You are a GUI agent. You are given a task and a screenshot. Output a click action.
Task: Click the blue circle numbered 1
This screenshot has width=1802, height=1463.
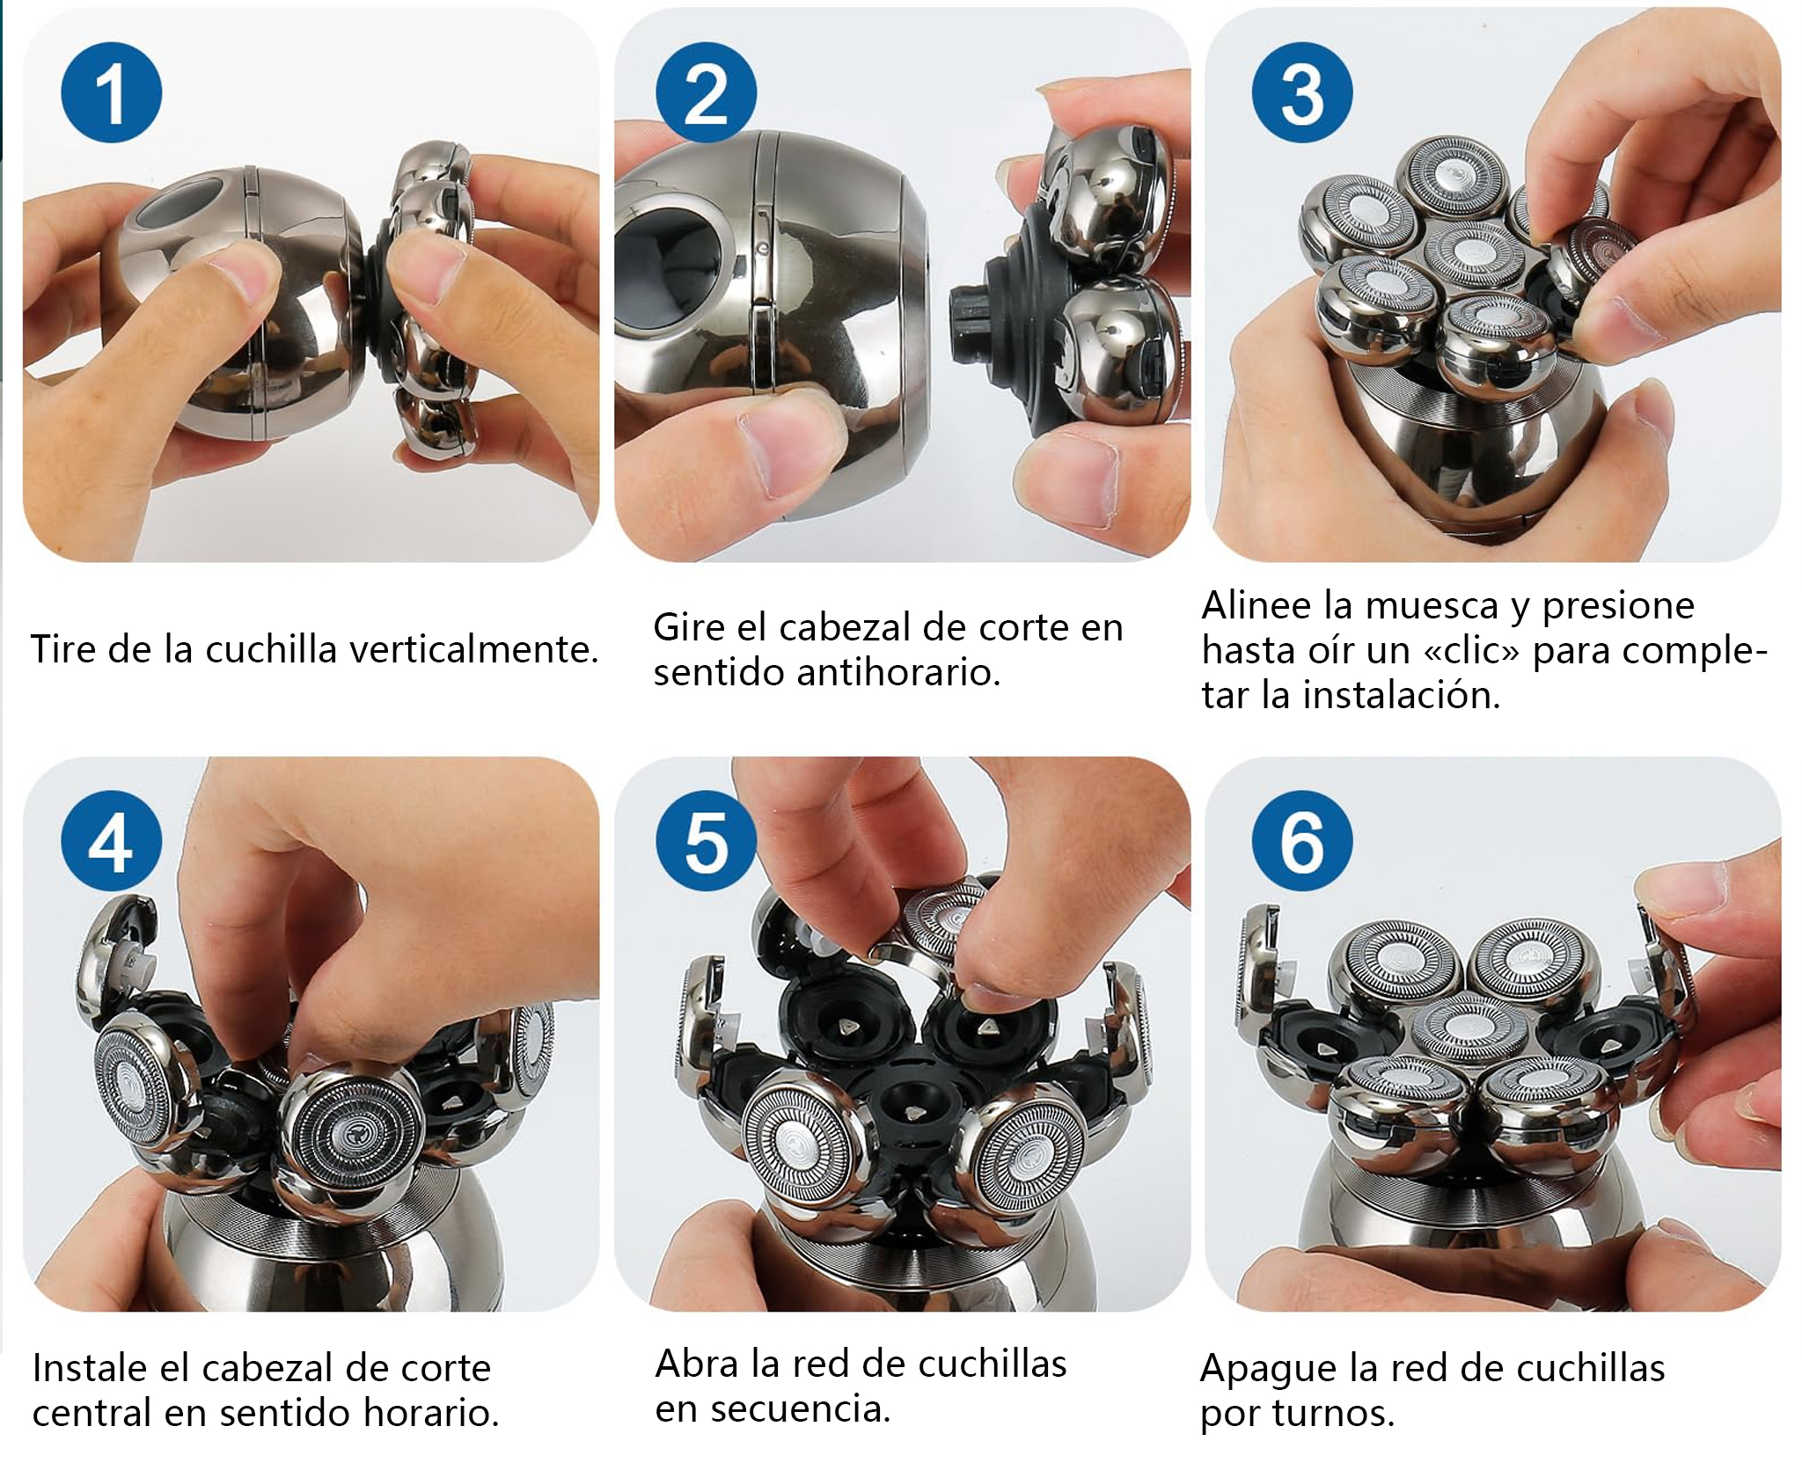click(x=111, y=92)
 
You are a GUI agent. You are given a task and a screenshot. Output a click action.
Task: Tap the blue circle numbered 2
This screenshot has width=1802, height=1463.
click(x=706, y=92)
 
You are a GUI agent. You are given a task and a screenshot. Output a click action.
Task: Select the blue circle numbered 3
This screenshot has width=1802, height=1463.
click(x=1302, y=92)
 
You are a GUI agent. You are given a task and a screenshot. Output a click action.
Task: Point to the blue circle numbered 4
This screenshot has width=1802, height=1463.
click(x=111, y=841)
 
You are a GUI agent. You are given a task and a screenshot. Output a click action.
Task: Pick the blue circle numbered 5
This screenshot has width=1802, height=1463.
click(x=706, y=841)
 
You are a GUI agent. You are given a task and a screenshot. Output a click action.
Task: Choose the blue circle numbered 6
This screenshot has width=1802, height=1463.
click(x=1302, y=841)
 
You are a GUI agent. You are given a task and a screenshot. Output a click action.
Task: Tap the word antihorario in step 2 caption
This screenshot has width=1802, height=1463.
click(x=898, y=673)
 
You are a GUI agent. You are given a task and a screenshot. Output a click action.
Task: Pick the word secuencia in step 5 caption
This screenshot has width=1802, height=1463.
click(x=801, y=1408)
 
